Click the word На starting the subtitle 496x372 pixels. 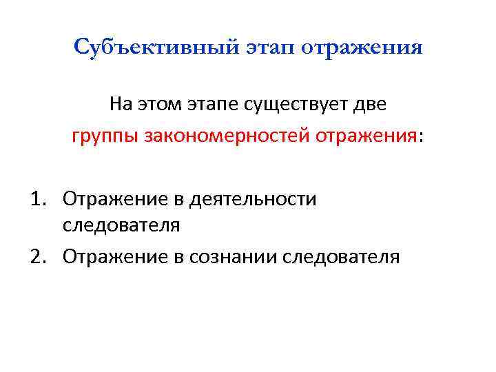coord(119,105)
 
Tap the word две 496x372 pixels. coord(371,105)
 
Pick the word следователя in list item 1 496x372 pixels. coord(121,225)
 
